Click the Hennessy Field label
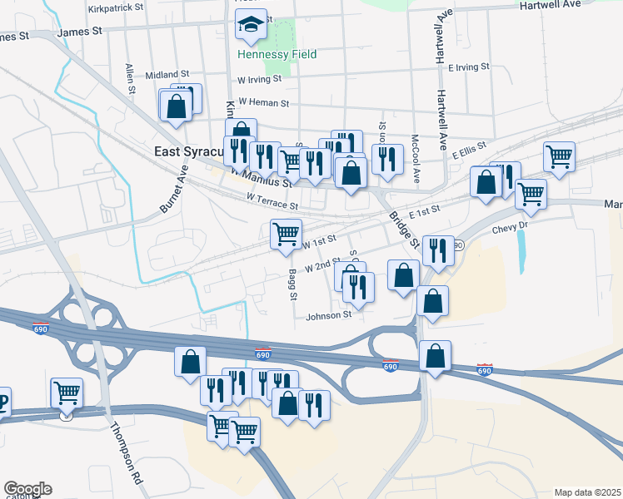click(265, 54)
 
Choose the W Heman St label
click(262, 103)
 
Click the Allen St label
click(130, 78)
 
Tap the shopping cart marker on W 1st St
click(286, 235)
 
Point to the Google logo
click(27, 489)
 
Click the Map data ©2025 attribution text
click(587, 492)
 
